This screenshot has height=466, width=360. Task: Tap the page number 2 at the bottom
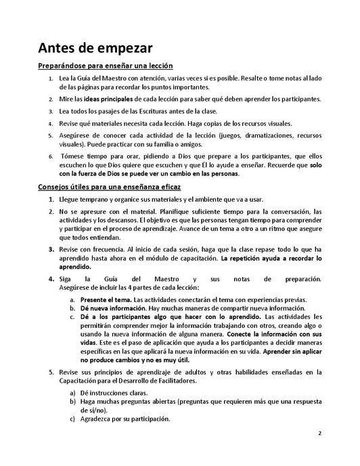pyautogui.click(x=319, y=451)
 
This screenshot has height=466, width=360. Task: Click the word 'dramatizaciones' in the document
pyautogui.click(x=231, y=135)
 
